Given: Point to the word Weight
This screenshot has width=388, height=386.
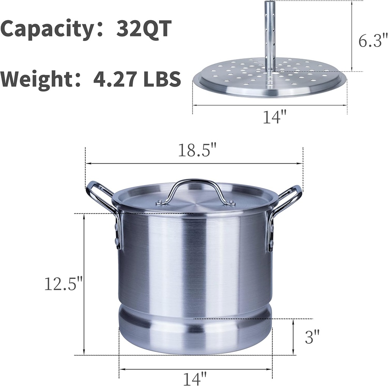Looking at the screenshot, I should (40, 79).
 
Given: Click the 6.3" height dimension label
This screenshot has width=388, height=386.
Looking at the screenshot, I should (373, 41).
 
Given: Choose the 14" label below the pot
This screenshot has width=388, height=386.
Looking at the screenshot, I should (195, 378).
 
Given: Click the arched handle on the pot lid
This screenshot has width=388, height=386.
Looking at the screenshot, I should (195, 186).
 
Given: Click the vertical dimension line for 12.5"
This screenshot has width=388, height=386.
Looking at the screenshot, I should (84, 284).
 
